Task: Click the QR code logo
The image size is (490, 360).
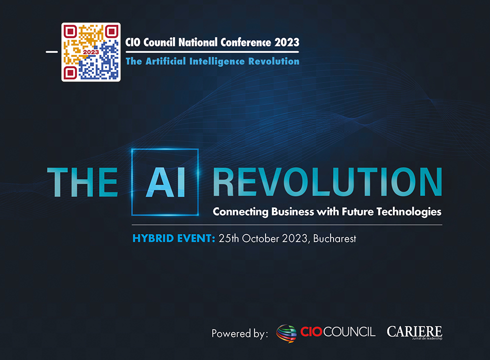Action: (x=91, y=52)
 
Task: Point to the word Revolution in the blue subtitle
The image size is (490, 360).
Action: (x=273, y=61)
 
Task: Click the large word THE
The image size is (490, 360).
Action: (x=82, y=182)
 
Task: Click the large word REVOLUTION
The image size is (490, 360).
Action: (x=327, y=182)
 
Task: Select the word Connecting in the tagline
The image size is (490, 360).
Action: (x=240, y=212)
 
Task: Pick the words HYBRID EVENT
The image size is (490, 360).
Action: (x=173, y=238)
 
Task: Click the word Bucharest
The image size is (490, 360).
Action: (x=335, y=238)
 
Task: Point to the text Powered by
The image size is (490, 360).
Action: (x=239, y=333)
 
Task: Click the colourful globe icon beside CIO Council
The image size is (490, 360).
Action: (x=286, y=332)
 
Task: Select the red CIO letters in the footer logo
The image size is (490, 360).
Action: (x=311, y=332)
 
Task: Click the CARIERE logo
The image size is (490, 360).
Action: (x=414, y=332)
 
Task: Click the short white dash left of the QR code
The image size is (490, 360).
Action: (x=51, y=51)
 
